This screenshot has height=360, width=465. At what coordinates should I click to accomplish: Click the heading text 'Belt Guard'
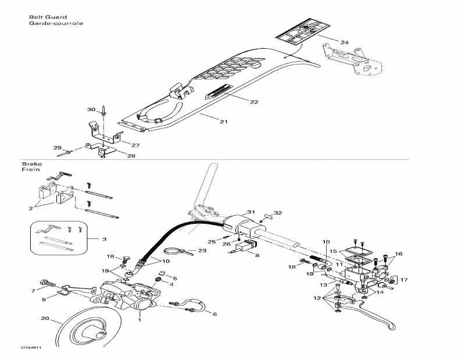(48, 17)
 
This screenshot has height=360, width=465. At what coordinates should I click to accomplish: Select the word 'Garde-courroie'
(56, 24)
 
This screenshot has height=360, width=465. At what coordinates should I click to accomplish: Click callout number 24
(345, 42)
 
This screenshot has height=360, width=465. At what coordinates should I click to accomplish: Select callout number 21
(223, 122)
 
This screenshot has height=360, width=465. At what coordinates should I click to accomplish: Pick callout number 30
(91, 109)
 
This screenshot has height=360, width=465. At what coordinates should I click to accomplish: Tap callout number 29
(57, 148)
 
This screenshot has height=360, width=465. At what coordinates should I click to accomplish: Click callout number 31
(251, 212)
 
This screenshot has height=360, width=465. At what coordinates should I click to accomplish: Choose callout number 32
(278, 213)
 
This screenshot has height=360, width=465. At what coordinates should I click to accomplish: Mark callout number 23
(202, 251)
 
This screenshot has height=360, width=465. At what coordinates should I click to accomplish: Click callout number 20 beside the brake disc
(45, 318)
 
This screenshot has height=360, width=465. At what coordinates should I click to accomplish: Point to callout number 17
(404, 280)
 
